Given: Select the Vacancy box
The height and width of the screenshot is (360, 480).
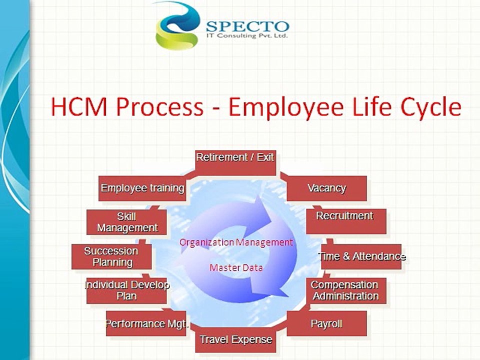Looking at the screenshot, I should coord(327,188).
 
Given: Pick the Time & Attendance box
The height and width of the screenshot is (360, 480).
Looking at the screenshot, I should coord(361,256).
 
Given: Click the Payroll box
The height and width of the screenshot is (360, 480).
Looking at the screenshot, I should coord(326,324).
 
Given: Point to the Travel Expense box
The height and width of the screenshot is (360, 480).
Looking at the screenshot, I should coord(235,340).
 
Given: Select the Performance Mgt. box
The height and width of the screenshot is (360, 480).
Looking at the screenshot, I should coord(146,324).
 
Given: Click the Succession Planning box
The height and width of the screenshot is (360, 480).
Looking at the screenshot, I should coord(111,256).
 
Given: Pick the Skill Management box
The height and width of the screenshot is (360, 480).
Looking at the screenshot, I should coord(127,222).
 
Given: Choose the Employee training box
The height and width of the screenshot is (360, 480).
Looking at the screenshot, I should coord(142,188).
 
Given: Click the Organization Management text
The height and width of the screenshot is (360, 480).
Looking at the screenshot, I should coord(236,242).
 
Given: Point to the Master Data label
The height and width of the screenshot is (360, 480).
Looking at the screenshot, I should coord(236,267).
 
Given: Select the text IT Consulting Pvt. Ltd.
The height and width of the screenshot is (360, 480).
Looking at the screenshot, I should coord(247,37).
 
